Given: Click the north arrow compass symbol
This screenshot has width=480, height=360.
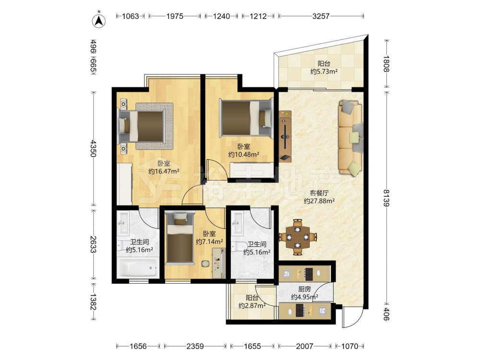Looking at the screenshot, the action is click(98, 21).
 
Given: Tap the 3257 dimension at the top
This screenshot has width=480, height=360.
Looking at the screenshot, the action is click(321, 16).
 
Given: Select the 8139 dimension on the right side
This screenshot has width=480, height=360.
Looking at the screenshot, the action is click(386, 198).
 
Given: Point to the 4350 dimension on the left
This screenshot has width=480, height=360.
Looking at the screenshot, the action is click(94, 148).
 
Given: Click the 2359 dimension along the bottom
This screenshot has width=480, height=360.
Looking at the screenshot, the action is click(195, 346).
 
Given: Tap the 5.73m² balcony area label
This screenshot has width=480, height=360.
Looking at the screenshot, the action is click(324, 72).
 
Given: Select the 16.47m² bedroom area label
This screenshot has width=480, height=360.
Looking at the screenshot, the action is click(164, 171).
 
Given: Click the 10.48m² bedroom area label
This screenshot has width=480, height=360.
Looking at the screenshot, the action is click(244, 154).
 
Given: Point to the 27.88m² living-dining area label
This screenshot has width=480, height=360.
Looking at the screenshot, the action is click(319, 201).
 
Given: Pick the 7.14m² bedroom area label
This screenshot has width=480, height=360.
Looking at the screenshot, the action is click(209, 241).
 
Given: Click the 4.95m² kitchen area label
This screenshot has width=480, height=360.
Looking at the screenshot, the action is click(304, 297).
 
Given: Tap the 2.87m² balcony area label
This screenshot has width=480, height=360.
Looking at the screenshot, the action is click(252, 305).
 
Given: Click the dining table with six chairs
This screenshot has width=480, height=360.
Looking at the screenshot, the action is click(298, 237).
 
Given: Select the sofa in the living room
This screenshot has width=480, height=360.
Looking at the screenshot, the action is click(351, 138).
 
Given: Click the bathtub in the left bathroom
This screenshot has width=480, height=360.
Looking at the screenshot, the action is click(137, 268).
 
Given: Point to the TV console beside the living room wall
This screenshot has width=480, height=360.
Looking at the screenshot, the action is click(285, 136).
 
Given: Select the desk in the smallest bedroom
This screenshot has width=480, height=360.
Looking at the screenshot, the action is click(219, 263).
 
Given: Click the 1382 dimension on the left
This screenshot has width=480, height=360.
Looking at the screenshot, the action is click(94, 301).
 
